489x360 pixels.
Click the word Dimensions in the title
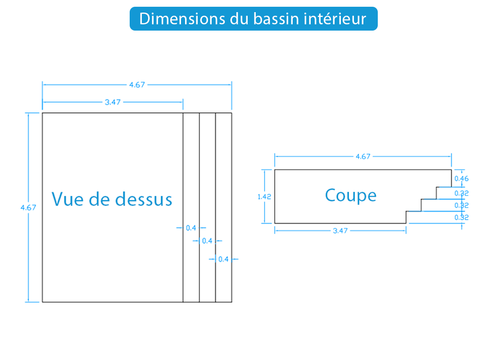pyautogui.click(x=182, y=19)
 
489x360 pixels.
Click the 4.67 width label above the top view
pyautogui.click(x=137, y=85)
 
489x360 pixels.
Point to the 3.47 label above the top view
pyautogui.click(x=113, y=102)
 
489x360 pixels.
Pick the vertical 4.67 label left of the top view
pyautogui.click(x=28, y=207)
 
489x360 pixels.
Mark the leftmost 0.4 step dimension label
pyautogui.click(x=191, y=228)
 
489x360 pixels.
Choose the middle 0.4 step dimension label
pyautogui.click(x=207, y=241)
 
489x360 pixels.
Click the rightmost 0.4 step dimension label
pyautogui.click(x=223, y=259)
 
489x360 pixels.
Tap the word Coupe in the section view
pyautogui.click(x=351, y=196)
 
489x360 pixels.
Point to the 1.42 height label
pyautogui.click(x=264, y=197)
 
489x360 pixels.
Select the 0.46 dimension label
pyautogui.click(x=462, y=179)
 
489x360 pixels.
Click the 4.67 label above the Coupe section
pyautogui.click(x=363, y=157)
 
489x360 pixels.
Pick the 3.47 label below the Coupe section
pyautogui.click(x=340, y=231)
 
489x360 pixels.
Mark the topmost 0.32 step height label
pyautogui.click(x=462, y=193)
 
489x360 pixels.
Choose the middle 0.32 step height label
pyautogui.click(x=462, y=205)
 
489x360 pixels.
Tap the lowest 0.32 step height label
pyautogui.click(x=462, y=217)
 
